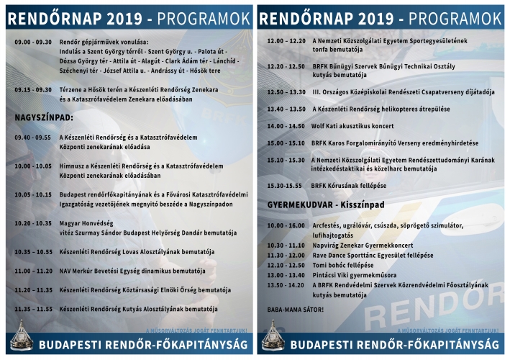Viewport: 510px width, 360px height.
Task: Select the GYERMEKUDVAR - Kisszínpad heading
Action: (322, 204)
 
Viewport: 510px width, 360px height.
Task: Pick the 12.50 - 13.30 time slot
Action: (286, 91)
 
